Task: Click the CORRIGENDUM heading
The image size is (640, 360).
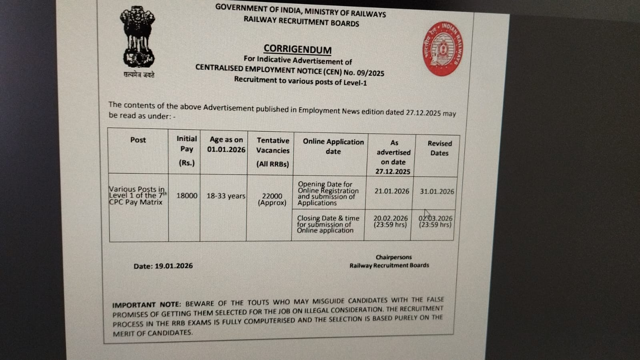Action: point(297,49)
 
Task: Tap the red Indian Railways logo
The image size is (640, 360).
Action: point(442,49)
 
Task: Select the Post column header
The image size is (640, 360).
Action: point(138,140)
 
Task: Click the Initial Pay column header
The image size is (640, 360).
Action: point(187,150)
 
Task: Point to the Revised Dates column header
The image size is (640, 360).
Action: point(439,148)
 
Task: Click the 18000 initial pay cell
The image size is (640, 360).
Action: point(187,196)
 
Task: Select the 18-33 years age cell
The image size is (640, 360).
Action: point(226,196)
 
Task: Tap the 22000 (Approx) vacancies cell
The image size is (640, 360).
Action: point(272,199)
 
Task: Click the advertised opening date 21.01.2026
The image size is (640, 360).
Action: point(392,191)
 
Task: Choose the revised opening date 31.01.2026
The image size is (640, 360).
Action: point(437,191)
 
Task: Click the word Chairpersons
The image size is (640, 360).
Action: point(393,257)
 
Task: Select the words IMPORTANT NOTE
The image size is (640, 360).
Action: point(146,305)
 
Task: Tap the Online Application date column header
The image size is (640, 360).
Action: point(333,147)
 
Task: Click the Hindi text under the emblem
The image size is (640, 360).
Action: point(139,75)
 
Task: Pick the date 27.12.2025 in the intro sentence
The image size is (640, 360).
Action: point(423,113)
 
